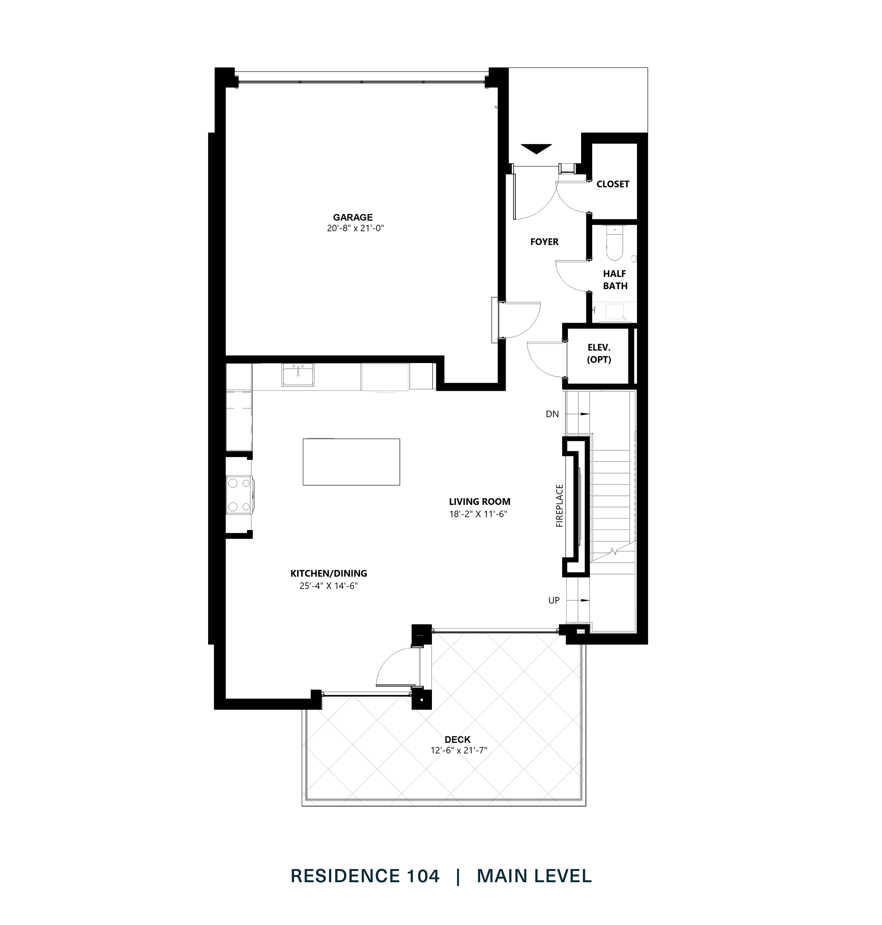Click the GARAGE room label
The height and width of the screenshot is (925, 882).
pyautogui.click(x=353, y=217)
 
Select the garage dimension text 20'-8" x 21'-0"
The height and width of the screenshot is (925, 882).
pyautogui.click(x=355, y=229)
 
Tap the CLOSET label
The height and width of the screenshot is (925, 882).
pyautogui.click(x=612, y=184)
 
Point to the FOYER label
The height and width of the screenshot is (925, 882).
pyautogui.click(x=544, y=242)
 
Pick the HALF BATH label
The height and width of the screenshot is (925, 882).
pyautogui.click(x=615, y=279)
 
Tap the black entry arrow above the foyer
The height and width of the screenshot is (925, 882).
pyautogui.click(x=536, y=149)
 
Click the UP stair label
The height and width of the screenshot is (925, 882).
pyautogui.click(x=553, y=600)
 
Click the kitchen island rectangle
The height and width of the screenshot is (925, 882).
pyautogui.click(x=351, y=462)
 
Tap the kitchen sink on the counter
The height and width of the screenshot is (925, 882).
pyautogui.click(x=298, y=375)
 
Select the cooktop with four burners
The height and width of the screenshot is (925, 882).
pyautogui.click(x=239, y=495)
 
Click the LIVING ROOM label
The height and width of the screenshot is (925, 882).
pyautogui.click(x=479, y=502)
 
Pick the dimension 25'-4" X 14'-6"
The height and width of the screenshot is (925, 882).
pyautogui.click(x=328, y=586)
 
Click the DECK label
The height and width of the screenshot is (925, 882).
pyautogui.click(x=457, y=740)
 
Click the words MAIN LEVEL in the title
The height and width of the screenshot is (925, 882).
pyautogui.click(x=534, y=876)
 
